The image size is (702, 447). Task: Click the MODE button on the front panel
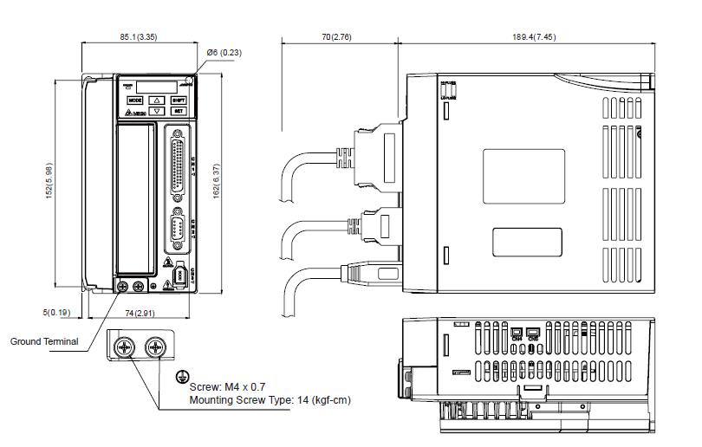coord(134,100)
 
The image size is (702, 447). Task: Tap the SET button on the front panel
coord(178,111)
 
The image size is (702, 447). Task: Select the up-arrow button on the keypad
coord(156,100)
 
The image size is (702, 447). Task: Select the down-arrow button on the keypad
coord(156,111)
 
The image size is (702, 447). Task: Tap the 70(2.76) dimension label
coord(336,36)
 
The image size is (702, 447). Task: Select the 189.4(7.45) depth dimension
coord(533,36)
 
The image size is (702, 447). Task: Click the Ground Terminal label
coord(43,341)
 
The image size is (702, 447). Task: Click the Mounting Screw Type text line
coord(270,399)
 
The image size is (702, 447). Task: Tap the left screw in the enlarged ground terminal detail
coord(124,348)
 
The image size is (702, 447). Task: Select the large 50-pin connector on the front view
coord(179,165)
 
